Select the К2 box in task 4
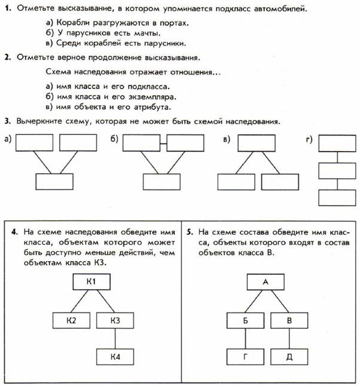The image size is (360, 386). [x=71, y=320]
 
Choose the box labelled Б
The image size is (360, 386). [x=245, y=320]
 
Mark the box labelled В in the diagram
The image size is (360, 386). [x=289, y=320]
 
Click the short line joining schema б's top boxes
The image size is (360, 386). [x=163, y=143]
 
